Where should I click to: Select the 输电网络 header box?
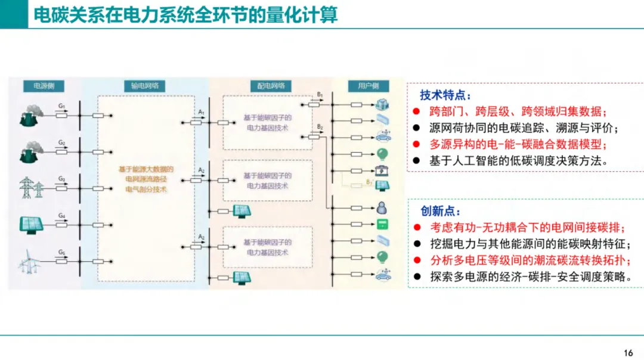(145, 86)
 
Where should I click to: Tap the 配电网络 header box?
(271, 86)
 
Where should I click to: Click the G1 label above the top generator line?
(61, 105)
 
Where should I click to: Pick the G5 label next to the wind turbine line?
(61, 252)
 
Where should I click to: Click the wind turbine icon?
(27, 261)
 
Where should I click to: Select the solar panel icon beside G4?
(29, 223)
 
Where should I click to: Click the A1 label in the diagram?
(202, 113)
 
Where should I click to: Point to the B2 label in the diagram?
(320, 127)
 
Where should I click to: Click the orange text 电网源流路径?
(145, 179)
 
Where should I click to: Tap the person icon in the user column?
(382, 207)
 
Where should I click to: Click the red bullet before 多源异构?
(416, 144)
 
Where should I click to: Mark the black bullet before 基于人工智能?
(416, 160)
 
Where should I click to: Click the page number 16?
(628, 352)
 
